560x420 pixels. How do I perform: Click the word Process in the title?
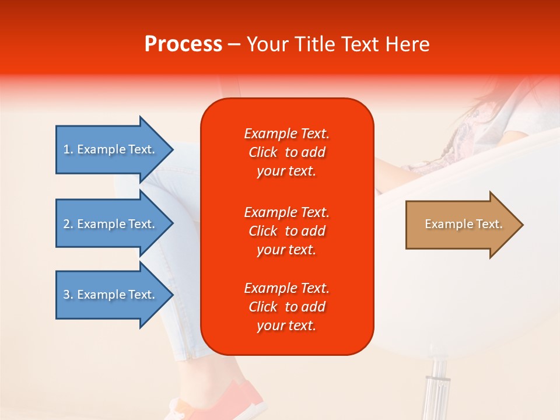click(x=183, y=44)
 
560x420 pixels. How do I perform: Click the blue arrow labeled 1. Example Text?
click(x=114, y=149)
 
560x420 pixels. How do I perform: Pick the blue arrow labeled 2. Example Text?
click(x=114, y=223)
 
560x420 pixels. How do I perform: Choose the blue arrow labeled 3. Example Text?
click(x=114, y=295)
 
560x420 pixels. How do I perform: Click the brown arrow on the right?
click(x=464, y=225)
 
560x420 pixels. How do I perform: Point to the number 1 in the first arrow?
click(x=66, y=150)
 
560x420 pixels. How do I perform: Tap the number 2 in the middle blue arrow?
click(x=66, y=224)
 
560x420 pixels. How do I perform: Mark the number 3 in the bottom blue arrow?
click(x=66, y=295)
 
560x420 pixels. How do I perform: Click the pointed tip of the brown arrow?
click(x=523, y=225)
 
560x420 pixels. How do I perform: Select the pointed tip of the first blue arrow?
click(x=173, y=149)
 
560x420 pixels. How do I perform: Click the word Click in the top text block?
click(x=263, y=152)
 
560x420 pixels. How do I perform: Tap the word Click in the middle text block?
click(x=263, y=231)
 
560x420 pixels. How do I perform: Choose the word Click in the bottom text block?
click(x=263, y=307)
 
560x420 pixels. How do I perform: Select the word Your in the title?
click(x=268, y=44)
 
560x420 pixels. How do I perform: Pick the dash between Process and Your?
click(x=234, y=45)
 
